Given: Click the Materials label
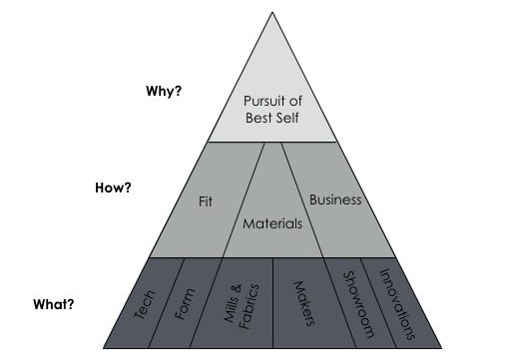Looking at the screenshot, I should click(x=272, y=223).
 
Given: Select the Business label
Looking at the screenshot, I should click(x=334, y=199).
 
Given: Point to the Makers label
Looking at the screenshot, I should click(x=301, y=304).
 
